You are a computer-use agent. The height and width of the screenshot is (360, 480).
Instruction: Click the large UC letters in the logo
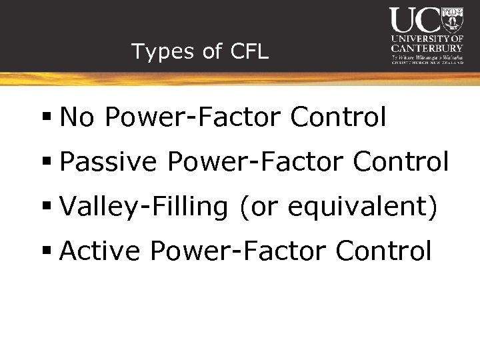click(415, 21)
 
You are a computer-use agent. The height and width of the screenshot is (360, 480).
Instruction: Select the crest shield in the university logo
click(453, 20)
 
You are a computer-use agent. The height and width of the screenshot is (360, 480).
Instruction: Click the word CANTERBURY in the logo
click(427, 48)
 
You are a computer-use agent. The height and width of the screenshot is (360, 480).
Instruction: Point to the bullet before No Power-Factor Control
click(47, 118)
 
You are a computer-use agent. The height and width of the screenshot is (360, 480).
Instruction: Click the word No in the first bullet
click(77, 117)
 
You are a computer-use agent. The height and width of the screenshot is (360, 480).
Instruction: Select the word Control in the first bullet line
click(338, 117)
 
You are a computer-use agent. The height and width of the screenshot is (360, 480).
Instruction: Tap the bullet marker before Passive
click(47, 163)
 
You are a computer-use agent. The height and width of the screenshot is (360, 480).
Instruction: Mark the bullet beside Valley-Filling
click(47, 207)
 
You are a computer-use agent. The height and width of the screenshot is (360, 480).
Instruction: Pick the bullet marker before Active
click(47, 252)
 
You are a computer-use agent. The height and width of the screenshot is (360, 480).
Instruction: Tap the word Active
click(100, 251)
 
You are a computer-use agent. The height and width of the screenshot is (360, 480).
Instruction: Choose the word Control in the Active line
click(383, 251)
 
